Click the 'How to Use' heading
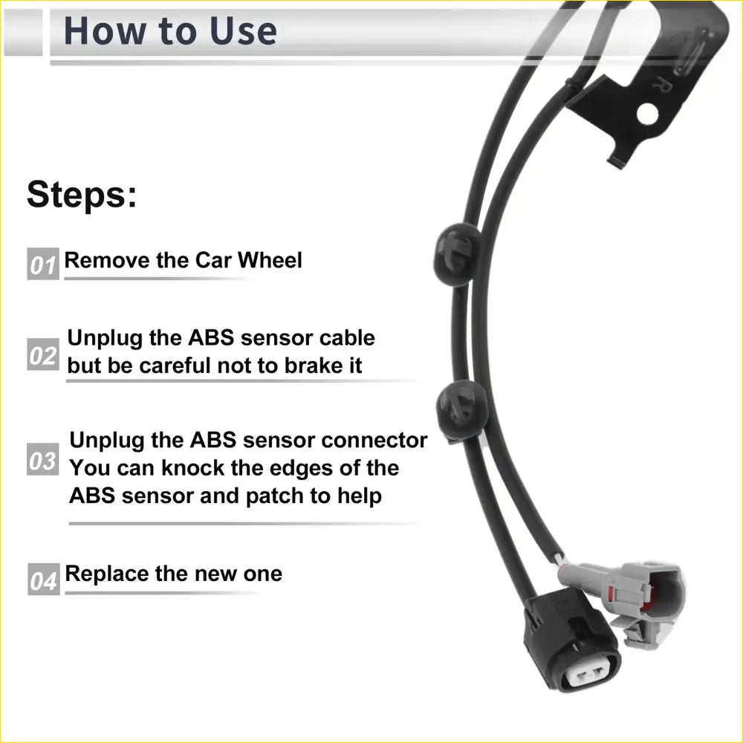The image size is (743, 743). coord(170,31)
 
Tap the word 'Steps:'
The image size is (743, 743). coord(82,195)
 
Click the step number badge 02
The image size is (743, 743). coord(42,356)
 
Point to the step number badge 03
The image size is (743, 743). coord(42,461)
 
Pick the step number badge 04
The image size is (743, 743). coord(43,580)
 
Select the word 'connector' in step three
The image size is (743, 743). coord(374,440)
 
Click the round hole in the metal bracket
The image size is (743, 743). coord(648,113)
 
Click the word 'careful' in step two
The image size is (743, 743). coord(173,366)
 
